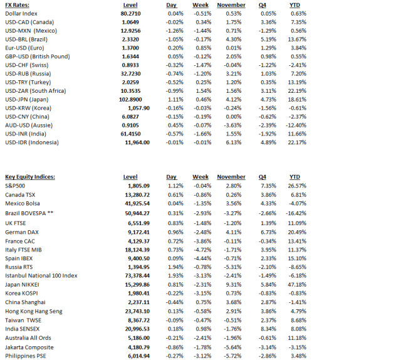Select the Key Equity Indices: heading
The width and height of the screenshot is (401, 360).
point(30,177)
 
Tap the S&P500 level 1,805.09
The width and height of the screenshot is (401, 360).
point(137,186)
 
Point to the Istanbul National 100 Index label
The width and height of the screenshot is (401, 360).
point(41,275)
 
